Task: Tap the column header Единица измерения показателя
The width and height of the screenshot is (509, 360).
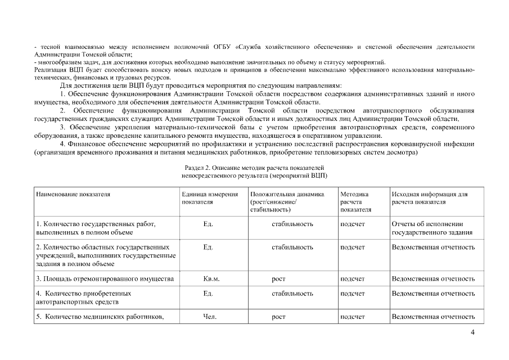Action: [206, 197]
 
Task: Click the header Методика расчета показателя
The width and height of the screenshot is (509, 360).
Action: [354, 201]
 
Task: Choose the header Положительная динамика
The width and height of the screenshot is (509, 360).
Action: [287, 194]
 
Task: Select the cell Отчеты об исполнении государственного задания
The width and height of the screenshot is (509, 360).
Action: [431, 228]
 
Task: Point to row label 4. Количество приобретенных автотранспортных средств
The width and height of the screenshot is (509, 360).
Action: [84, 298]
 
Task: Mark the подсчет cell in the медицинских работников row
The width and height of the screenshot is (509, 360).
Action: [353, 317]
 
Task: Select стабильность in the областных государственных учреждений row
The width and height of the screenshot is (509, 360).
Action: [292, 247]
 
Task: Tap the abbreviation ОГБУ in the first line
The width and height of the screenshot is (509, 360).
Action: [223, 46]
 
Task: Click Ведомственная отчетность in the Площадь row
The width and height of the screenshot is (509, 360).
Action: [433, 278]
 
